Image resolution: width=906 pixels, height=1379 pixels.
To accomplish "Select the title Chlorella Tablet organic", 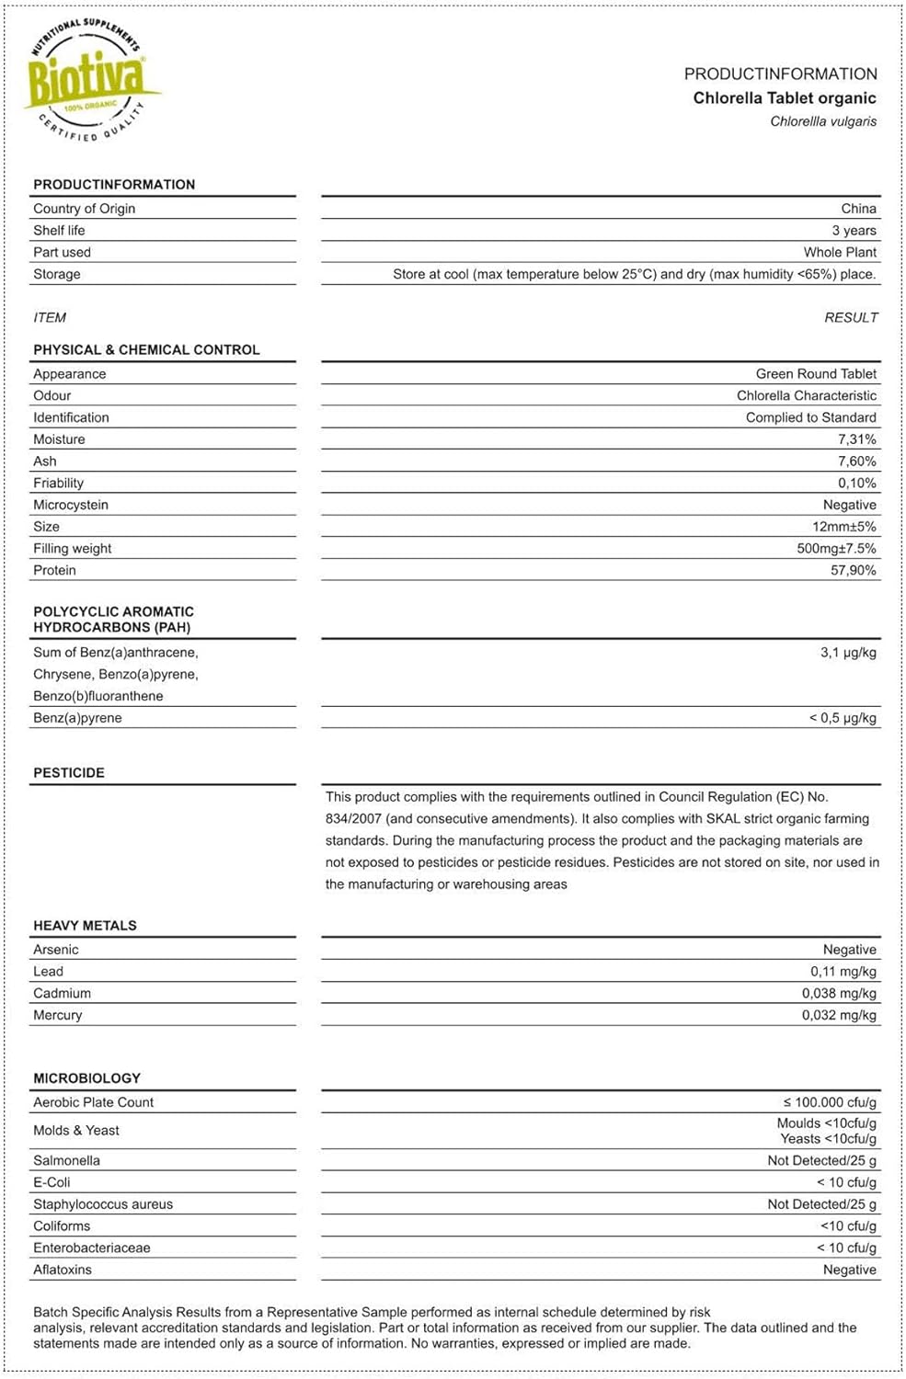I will (x=784, y=98).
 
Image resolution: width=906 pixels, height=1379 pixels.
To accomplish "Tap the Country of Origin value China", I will (x=858, y=209).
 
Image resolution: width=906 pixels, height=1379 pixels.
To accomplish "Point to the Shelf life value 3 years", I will (x=854, y=231).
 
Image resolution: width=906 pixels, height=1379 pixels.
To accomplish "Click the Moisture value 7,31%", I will (x=856, y=439).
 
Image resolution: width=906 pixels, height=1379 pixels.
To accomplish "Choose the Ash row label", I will (x=45, y=462).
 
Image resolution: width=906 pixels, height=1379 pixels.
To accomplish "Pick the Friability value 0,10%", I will (x=856, y=484).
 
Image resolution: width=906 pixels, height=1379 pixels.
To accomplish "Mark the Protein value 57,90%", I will (x=853, y=571).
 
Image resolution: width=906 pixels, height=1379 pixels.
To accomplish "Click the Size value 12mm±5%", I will (x=843, y=527).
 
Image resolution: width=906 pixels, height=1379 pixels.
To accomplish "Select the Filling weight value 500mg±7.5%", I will (x=836, y=549).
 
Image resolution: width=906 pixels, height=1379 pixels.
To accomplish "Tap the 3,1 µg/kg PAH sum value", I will (x=848, y=653).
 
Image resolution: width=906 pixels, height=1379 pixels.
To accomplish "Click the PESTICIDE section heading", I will (x=69, y=773).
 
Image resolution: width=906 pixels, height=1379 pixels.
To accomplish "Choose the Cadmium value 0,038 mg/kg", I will (x=839, y=994).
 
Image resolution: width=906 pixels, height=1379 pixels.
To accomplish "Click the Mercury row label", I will (x=58, y=1016).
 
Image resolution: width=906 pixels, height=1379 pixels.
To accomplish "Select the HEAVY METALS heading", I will (x=85, y=926).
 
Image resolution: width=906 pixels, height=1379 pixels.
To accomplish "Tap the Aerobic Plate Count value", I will (x=830, y=1102).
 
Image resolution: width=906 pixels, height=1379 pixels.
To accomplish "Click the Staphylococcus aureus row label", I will (x=103, y=1204).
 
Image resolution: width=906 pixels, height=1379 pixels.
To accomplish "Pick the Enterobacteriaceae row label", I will (x=92, y=1248).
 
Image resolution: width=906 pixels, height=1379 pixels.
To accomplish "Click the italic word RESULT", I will (x=851, y=318).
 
